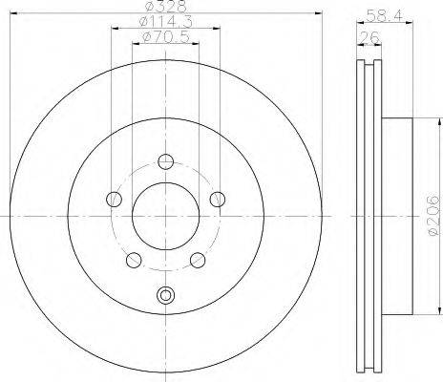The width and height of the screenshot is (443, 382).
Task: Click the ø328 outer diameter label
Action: pos(166,7)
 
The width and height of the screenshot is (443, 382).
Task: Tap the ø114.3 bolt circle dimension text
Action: pos(166,22)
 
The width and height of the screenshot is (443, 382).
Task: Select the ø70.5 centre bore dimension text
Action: pos(166,37)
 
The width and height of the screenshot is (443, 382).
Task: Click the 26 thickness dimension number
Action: pos(369,38)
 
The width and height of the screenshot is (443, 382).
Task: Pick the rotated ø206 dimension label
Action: pos(434,216)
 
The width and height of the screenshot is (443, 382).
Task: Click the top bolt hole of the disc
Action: pos(165,161)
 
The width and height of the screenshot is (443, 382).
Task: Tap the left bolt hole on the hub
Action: pos(114,200)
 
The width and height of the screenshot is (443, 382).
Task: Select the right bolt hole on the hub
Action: pos(218,200)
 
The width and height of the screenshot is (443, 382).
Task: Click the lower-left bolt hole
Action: pos(134,260)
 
